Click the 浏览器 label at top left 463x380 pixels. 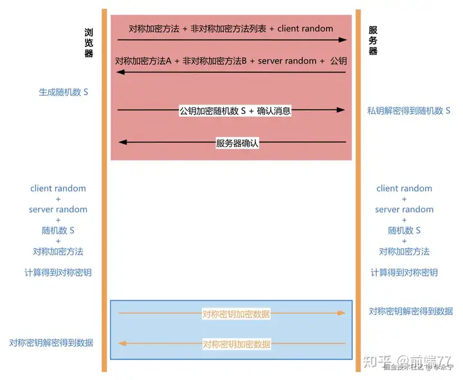(89, 43)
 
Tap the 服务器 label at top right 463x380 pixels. (373, 41)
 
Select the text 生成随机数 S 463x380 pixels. (63, 92)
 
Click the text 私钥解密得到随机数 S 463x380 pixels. (408, 111)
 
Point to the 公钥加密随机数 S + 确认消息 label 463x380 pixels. (235, 111)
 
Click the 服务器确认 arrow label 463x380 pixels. (237, 143)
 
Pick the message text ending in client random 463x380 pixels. (231, 28)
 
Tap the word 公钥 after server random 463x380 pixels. (339, 60)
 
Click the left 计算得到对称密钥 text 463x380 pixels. (58, 272)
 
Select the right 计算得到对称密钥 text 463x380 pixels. (404, 272)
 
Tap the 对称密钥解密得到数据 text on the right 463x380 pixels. (410, 311)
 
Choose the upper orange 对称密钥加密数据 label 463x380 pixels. (236, 314)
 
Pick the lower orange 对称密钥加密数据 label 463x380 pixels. (236, 344)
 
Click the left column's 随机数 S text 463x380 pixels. (58, 230)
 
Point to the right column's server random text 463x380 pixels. (404, 209)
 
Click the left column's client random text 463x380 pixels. (58, 188)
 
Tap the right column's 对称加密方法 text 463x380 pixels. (404, 251)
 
